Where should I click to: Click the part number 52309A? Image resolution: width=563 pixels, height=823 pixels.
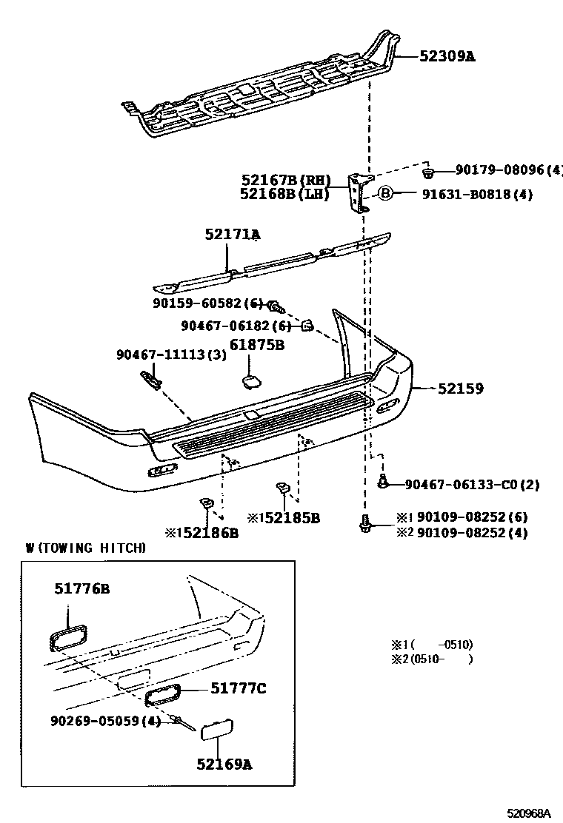447,56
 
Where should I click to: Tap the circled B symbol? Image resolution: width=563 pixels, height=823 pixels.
385,194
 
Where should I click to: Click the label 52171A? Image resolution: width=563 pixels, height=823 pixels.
232,235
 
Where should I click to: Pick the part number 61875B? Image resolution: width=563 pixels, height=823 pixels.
256,345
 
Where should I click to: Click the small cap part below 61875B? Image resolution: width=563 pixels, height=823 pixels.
248,380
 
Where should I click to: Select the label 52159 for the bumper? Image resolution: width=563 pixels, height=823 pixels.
460,388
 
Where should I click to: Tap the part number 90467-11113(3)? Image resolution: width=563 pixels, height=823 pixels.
171,355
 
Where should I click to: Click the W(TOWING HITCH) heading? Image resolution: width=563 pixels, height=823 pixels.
85,548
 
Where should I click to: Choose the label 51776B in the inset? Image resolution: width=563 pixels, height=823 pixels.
81,589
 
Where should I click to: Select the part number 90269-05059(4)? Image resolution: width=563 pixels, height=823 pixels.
106,720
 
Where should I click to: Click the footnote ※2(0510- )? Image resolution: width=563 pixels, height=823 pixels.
431,659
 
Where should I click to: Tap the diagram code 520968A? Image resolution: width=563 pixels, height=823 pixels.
529,813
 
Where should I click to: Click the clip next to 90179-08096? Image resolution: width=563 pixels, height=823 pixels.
427,173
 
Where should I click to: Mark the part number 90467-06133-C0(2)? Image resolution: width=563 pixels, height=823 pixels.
472,485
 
